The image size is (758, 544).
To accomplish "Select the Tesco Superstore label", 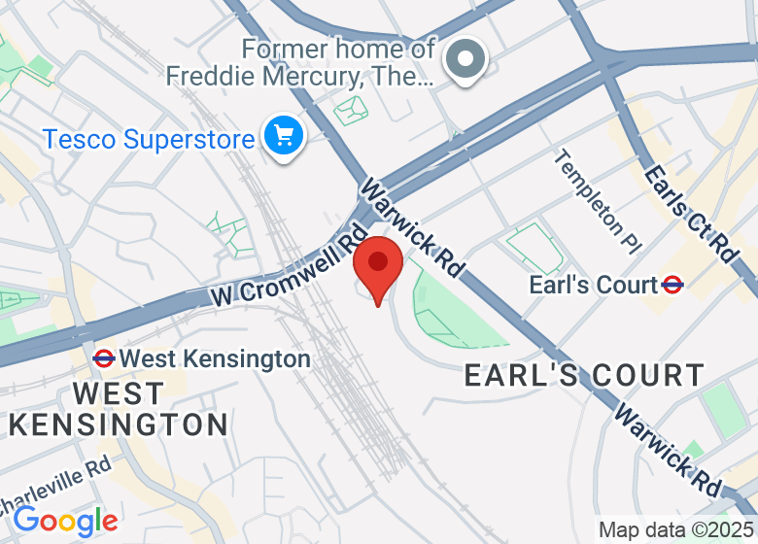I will click(148, 139).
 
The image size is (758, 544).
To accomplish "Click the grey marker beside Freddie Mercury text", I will click(465, 59).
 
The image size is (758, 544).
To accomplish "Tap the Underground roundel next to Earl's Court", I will click(672, 285).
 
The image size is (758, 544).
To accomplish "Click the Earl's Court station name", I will click(593, 285).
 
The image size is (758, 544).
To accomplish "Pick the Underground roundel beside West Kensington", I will click(104, 358).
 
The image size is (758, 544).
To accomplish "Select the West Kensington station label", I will click(215, 359).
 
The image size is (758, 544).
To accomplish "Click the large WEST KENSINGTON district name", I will click(119, 409).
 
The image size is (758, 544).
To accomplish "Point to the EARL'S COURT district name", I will click(584, 375).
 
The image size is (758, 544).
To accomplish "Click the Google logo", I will click(65, 522).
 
